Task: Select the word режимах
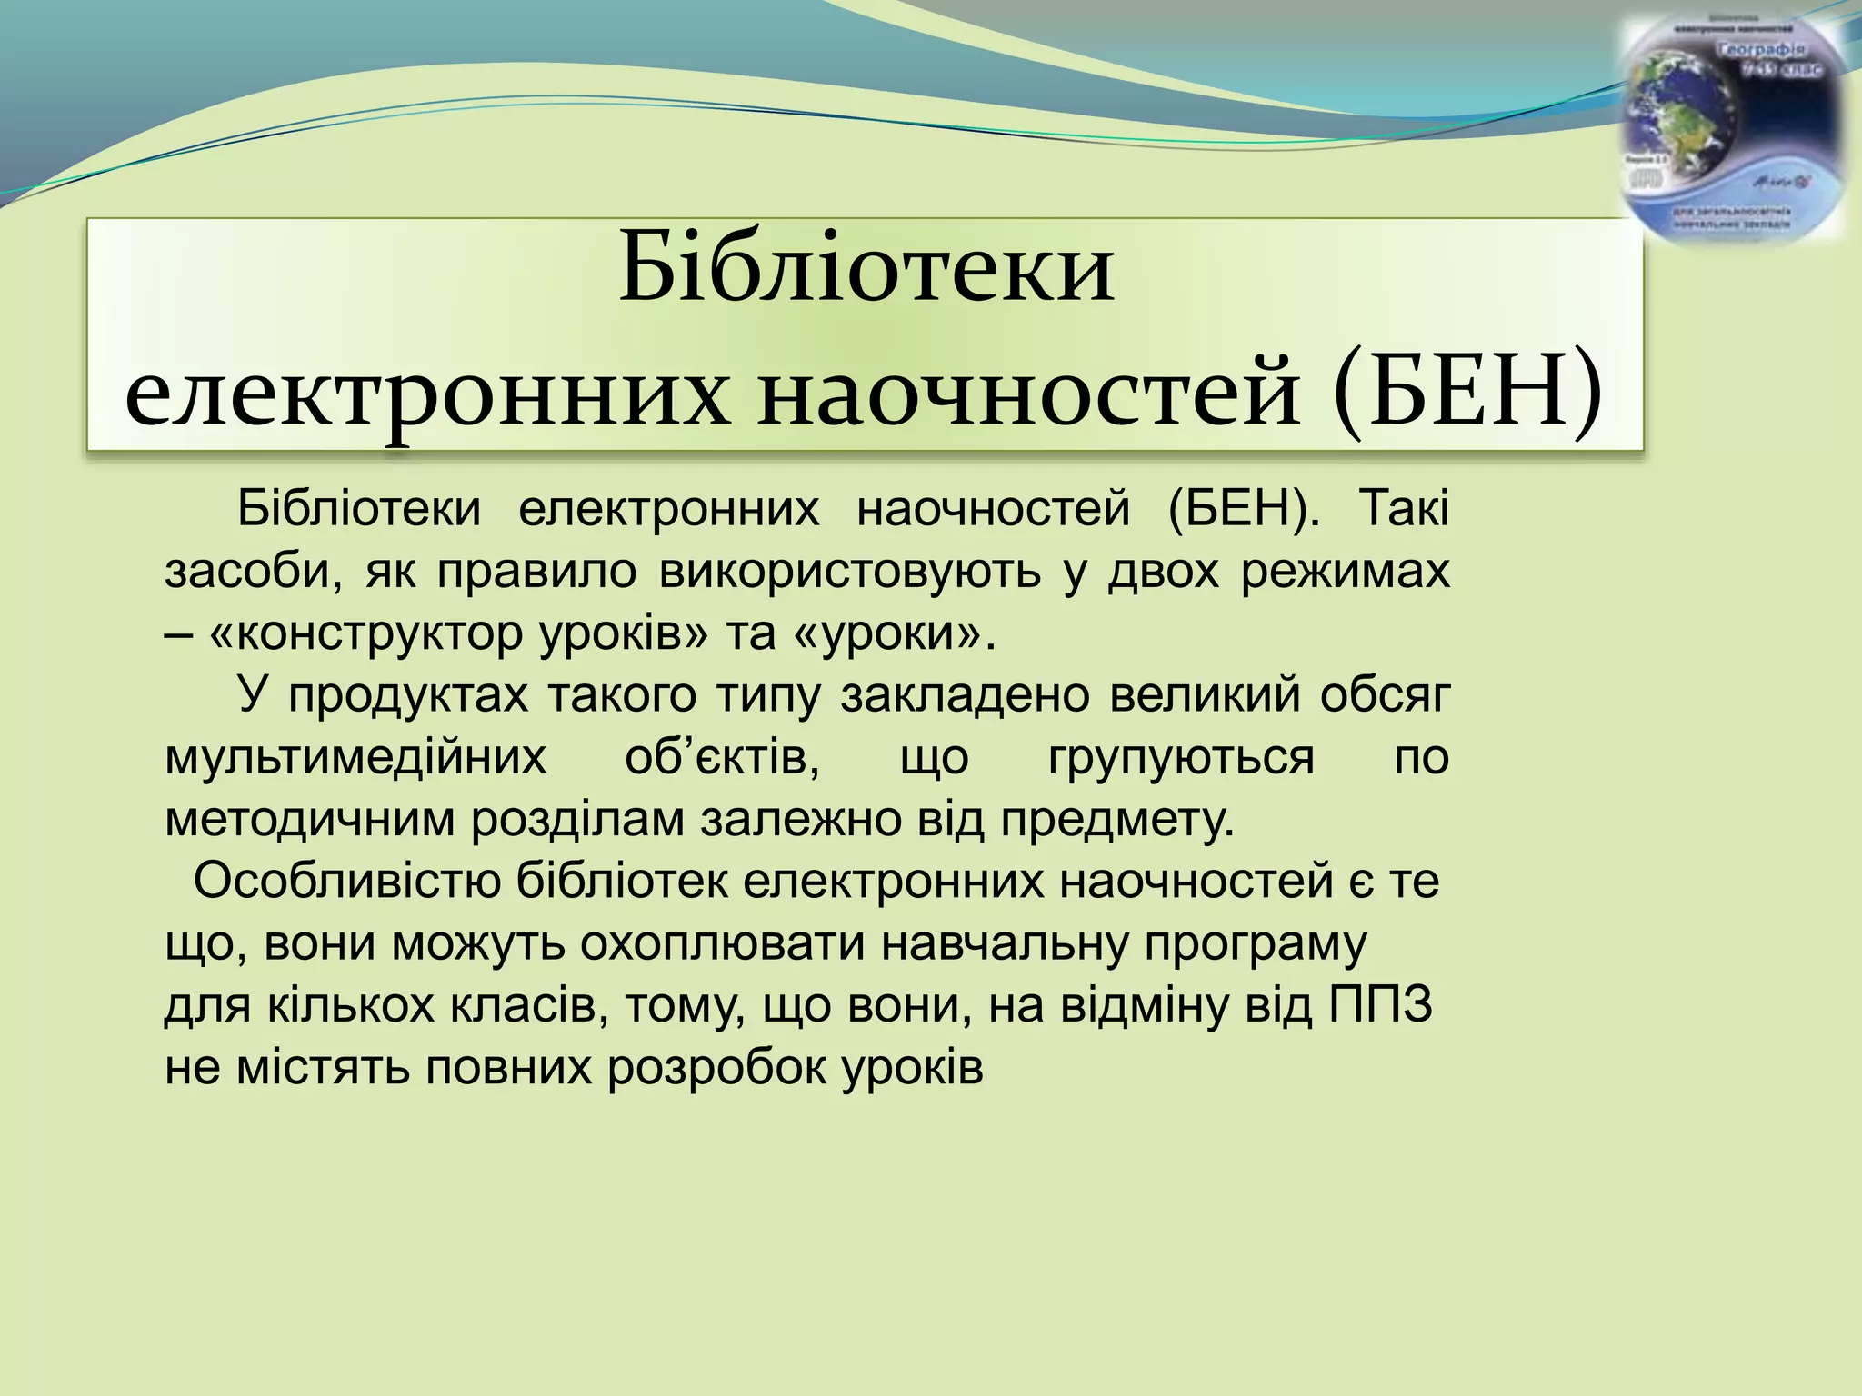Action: [x=1345, y=573]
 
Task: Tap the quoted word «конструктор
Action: [x=368, y=634]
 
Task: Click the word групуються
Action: [x=1181, y=758]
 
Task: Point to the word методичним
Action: [x=309, y=820]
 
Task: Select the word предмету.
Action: [x=1117, y=820]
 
